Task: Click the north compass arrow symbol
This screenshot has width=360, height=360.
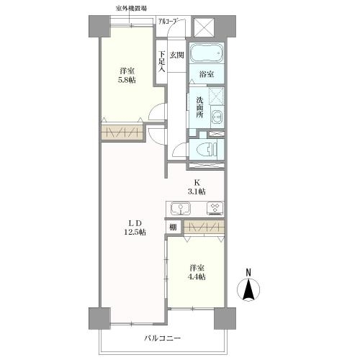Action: (248, 289)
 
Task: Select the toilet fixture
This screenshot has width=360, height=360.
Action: (207, 149)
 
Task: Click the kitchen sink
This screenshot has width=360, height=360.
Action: (181, 209)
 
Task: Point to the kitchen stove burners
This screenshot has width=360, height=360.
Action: (215, 208)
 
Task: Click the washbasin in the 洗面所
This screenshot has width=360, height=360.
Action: (217, 117)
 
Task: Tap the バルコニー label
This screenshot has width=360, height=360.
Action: (162, 338)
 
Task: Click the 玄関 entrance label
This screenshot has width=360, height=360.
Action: (177, 55)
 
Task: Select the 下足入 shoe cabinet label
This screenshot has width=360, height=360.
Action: (162, 61)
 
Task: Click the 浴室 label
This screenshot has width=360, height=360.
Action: (207, 74)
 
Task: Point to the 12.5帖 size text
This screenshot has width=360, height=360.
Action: (135, 232)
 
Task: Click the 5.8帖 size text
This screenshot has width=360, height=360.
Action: (127, 80)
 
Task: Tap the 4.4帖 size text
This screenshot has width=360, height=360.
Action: (197, 276)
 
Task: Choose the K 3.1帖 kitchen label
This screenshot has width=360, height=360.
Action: (197, 187)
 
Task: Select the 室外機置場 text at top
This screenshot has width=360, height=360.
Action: (131, 9)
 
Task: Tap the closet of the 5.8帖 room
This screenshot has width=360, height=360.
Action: (122, 132)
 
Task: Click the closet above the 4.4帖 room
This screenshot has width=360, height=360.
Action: (204, 227)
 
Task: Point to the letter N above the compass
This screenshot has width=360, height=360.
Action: (248, 273)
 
